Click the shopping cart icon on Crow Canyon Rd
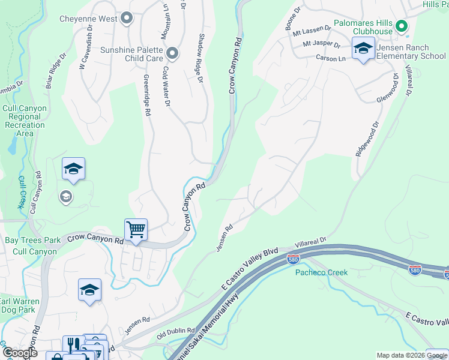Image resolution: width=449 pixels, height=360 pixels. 136,229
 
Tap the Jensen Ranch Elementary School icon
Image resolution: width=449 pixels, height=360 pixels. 363,47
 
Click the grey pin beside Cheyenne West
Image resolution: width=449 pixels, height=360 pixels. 126,19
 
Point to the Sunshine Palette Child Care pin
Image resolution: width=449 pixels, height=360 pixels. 172,54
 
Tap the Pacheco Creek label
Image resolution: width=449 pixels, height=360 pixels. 321,272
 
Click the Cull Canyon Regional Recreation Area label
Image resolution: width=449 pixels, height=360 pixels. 25,121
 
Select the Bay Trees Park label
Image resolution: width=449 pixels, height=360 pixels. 33,240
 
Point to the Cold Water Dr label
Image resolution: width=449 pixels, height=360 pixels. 166,86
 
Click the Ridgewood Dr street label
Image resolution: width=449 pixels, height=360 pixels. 367,139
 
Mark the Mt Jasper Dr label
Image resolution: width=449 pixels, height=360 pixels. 321,44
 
